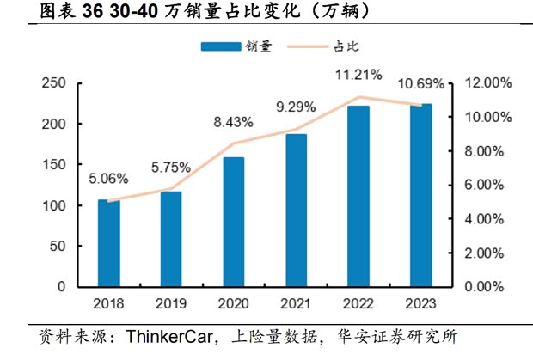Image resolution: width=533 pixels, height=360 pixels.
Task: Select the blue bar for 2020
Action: click(233, 222)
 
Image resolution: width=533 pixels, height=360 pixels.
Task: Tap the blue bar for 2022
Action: click(358, 196)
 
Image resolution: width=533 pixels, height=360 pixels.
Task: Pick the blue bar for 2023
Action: click(420, 195)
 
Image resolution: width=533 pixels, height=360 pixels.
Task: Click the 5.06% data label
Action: click(107, 179)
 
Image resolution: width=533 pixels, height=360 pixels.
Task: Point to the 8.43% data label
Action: click(233, 122)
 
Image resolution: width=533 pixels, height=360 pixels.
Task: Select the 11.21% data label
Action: click(358, 75)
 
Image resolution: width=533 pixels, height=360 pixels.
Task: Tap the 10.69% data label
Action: click(421, 84)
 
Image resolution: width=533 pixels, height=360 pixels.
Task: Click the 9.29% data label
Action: click(296, 107)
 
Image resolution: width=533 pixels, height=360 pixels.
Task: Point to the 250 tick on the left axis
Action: click(54, 83)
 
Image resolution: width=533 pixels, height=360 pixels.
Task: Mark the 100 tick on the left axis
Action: click(54, 206)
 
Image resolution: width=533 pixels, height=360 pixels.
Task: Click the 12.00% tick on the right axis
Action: click(488, 83)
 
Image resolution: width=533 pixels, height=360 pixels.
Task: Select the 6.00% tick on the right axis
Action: click(488, 185)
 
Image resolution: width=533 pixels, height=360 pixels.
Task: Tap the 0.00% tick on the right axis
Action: click(488, 287)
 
